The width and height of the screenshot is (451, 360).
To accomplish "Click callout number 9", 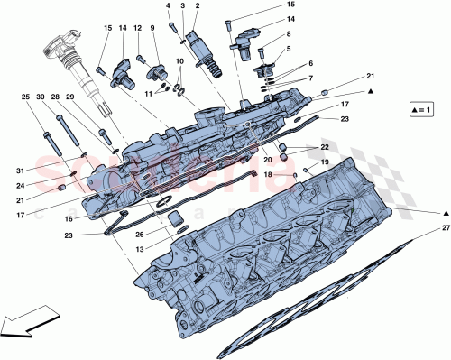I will [152, 28].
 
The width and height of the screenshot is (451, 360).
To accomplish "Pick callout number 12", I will [138, 28].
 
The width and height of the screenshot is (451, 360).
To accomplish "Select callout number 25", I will [27, 96].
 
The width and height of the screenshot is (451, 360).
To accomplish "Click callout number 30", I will [41, 96].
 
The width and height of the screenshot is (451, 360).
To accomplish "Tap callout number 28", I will [55, 96].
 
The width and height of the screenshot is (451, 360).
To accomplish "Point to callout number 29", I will [69, 96].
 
